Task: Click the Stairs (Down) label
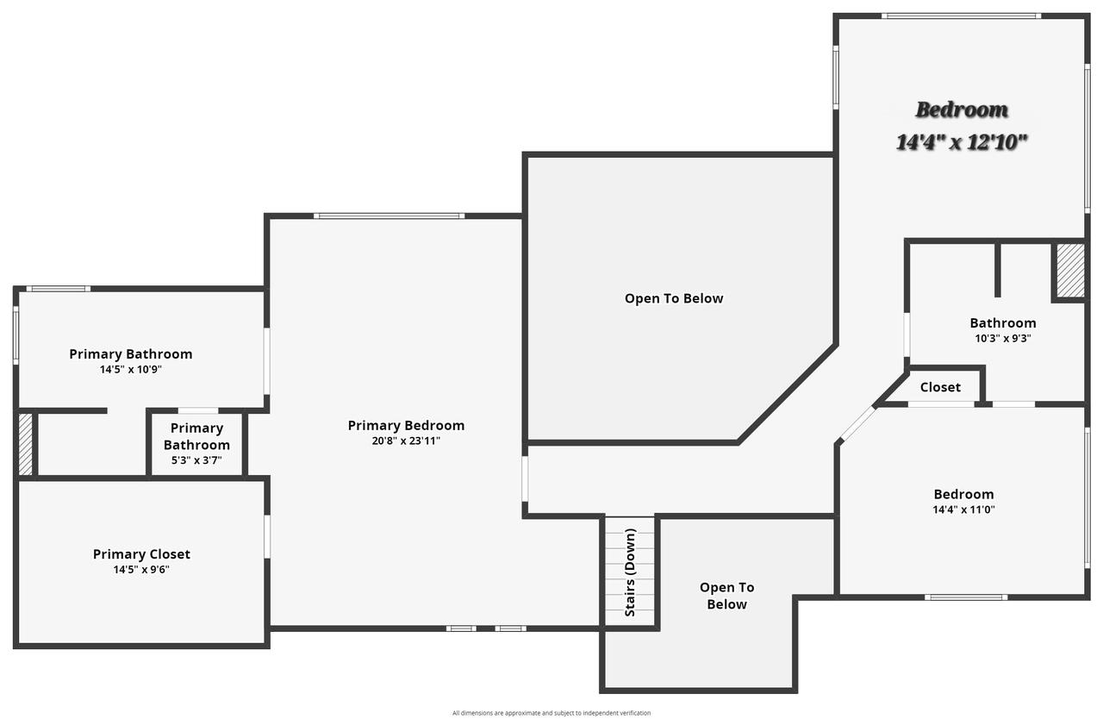630,572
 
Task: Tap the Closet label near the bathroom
940,388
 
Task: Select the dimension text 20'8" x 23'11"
406,441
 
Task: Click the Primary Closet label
141,554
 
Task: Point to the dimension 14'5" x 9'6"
141,570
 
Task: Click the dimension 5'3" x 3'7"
196,460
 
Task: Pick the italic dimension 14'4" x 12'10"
962,142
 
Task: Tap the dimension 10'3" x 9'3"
1002,339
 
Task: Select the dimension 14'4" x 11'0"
963,510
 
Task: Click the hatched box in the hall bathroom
1070,271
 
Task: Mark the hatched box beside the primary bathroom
26,444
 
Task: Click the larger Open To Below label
674,298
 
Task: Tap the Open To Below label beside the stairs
726,596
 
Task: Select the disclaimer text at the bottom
551,713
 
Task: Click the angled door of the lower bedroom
857,424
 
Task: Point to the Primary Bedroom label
406,425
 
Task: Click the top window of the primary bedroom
389,216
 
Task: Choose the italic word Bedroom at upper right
962,109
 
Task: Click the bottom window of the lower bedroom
965,597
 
